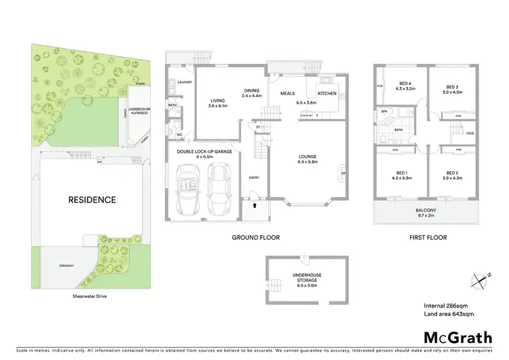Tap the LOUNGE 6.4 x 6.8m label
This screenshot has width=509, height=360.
pyautogui.click(x=307, y=160)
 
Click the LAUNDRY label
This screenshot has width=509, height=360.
pyautogui.click(x=185, y=82)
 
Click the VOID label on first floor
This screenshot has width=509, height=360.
pyautogui.click(x=470, y=133)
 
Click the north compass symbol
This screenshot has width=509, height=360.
pyautogui.click(x=479, y=278)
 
